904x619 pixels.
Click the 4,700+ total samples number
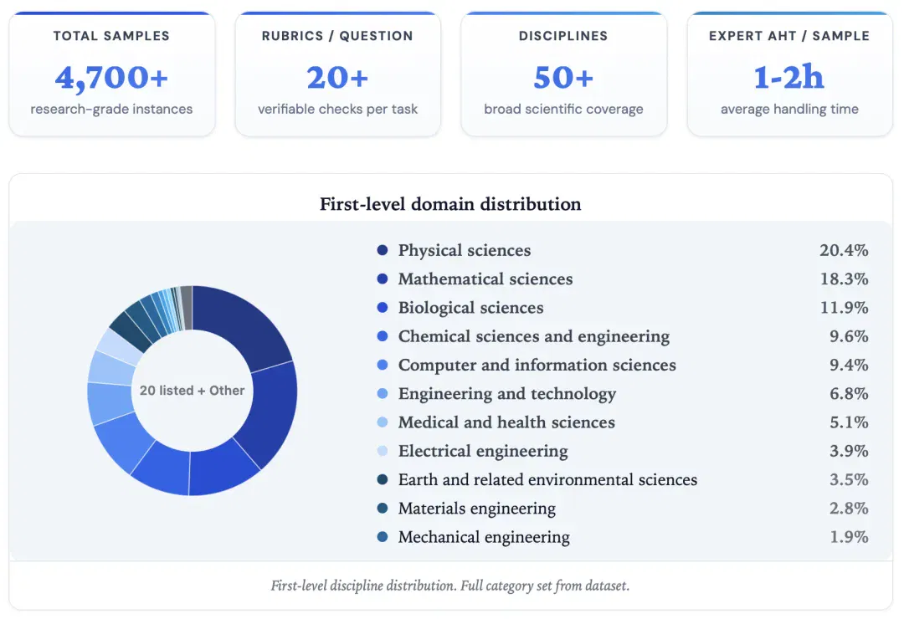111,77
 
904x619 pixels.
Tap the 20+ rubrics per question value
337,77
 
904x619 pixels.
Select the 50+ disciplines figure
563,77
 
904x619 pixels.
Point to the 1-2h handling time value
789,77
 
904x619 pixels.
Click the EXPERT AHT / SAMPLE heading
789,36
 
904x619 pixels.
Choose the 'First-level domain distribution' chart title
450,204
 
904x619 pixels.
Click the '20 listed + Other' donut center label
192,390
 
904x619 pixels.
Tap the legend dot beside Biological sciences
383,307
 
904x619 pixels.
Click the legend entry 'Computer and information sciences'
537,365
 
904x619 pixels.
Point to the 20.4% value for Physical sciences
844,249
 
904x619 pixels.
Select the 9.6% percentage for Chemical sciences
849,336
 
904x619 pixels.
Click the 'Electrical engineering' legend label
483,451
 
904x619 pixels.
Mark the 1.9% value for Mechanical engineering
849,536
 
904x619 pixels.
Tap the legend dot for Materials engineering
383,508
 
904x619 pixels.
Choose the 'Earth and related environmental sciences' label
547,479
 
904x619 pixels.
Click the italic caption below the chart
450,586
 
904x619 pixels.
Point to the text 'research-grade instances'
111,109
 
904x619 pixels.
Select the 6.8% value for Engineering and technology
849,394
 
